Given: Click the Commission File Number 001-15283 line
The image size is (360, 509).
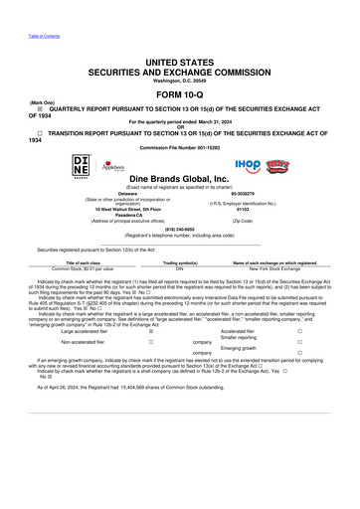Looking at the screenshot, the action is [180, 148].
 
